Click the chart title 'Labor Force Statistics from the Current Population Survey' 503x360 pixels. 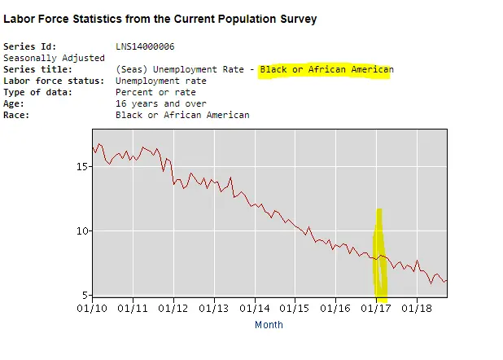(x=160, y=19)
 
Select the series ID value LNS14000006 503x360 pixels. (x=145, y=46)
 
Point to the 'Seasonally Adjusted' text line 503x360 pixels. (x=54, y=58)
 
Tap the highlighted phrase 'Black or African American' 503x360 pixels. (x=326, y=69)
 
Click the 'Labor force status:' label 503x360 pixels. (x=54, y=81)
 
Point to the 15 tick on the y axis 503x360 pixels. (x=81, y=166)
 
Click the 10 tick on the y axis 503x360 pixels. (x=81, y=230)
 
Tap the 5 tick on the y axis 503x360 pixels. (x=84, y=294)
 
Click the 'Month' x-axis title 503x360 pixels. (x=269, y=324)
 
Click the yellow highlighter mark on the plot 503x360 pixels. (x=379, y=252)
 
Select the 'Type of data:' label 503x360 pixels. (x=37, y=92)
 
